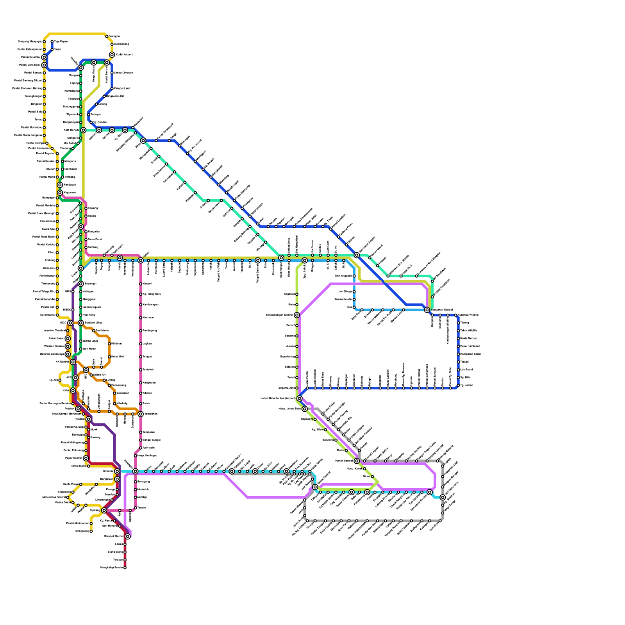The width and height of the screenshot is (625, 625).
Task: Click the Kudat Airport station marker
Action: click(x=112, y=55)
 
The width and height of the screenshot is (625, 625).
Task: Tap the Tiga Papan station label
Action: click(x=61, y=41)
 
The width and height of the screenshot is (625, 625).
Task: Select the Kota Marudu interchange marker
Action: click(x=83, y=130)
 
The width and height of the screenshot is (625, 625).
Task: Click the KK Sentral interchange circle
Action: click(x=73, y=362)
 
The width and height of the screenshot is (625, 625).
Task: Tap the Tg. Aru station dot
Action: click(x=60, y=380)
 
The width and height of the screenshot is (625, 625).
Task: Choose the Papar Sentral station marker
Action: click(x=86, y=458)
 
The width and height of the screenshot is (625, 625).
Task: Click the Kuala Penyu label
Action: click(x=71, y=484)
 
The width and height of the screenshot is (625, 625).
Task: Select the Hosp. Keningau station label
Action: click(x=147, y=455)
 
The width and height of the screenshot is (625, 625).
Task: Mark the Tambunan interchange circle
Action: click(x=141, y=414)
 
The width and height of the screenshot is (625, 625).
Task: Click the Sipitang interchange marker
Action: click(x=104, y=511)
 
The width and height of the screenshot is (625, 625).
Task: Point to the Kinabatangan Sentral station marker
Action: click(x=297, y=315)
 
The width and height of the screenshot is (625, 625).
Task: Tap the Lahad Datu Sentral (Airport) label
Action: click(x=278, y=398)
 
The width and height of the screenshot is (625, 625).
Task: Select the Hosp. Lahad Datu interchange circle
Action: click(x=305, y=409)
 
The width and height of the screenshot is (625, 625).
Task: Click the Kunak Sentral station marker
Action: click(x=357, y=461)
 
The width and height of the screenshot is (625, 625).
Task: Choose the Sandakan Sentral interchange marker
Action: click(x=427, y=310)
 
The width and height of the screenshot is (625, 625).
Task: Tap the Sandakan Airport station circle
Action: click(x=357, y=255)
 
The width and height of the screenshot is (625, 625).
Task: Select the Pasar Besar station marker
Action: click(x=68, y=339)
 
